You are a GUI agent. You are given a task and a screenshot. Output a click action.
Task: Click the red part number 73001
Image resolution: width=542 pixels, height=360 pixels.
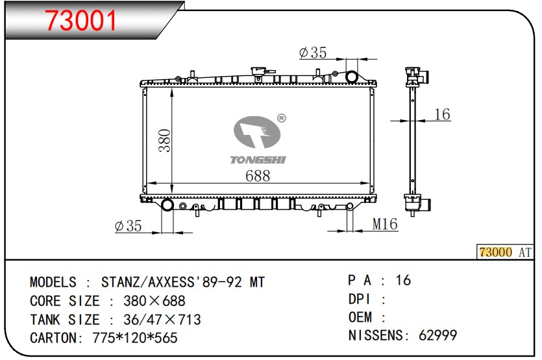coord(81,19)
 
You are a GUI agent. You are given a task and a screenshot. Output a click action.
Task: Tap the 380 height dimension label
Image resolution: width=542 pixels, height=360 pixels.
coord(165,140)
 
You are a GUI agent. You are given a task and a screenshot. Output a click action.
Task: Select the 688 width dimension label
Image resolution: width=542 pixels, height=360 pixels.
coord(258,176)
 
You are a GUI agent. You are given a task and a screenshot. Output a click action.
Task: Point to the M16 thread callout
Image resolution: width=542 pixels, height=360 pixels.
coord(385,224)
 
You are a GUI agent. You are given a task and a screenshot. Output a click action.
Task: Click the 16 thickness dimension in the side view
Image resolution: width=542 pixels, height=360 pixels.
coord(442,114)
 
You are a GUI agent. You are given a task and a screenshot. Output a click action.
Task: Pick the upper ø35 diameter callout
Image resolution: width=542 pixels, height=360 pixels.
coord(312,53)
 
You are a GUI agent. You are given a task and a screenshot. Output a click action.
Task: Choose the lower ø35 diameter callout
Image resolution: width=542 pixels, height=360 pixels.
coord(129,226)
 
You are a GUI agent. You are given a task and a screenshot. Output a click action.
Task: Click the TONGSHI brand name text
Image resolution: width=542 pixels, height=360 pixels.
coord(258,160)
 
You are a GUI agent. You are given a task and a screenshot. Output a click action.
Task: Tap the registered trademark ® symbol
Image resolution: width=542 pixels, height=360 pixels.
coord(282,119)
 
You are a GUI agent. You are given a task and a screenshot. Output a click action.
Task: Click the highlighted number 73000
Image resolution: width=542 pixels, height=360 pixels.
coord(495,252)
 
